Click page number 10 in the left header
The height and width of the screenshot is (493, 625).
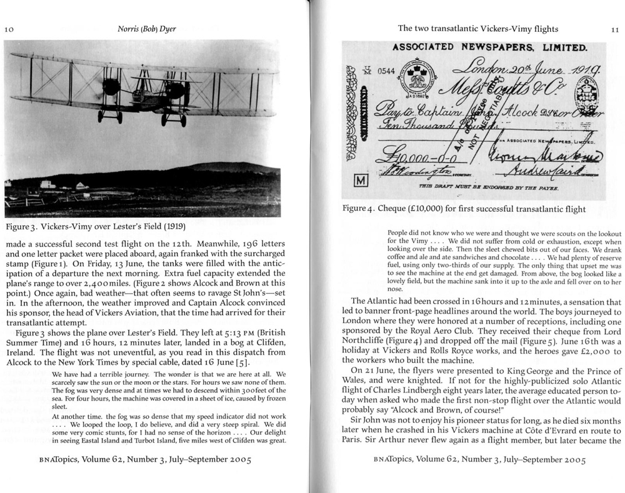click(9, 29)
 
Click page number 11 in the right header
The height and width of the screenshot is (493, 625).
click(614, 29)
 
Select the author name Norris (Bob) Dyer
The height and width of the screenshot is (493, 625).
click(146, 29)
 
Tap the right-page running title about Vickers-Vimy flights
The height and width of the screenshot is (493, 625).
click(477, 29)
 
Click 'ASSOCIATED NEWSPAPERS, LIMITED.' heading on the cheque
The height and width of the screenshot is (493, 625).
click(489, 47)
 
